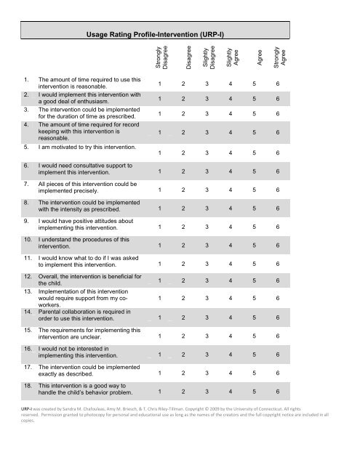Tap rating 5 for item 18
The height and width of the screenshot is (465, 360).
[x=254, y=392]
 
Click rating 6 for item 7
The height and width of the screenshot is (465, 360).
[x=277, y=190]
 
